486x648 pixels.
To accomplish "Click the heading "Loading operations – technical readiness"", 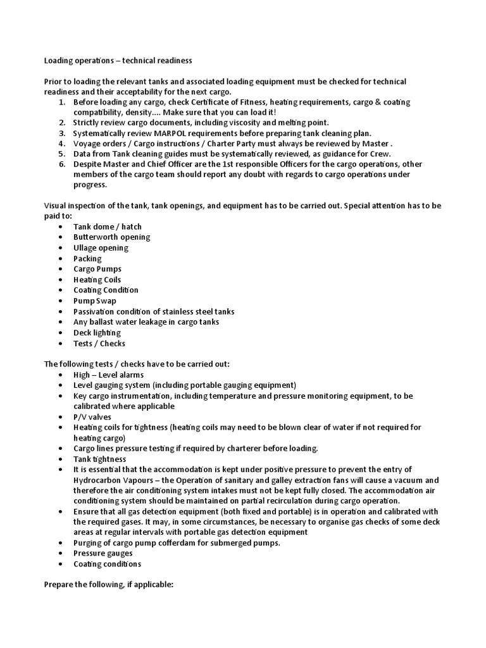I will tap(117, 61).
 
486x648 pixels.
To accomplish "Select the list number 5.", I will tap(61, 154).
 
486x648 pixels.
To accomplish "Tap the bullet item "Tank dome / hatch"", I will tap(107, 227).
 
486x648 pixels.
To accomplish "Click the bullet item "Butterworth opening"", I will tap(111, 237).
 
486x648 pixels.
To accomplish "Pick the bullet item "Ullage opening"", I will tap(101, 248).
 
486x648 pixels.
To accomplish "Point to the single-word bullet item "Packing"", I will tap(87, 258).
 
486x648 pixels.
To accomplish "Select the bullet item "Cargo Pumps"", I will tap(97, 269).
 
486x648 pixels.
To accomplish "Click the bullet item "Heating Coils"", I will tap(97, 280).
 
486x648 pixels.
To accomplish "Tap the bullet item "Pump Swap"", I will tap(95, 301).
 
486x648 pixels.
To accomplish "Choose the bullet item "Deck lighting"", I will tap(97, 333).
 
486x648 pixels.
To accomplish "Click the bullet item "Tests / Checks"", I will tap(99, 344).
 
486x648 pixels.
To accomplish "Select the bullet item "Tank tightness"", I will tap(99, 459).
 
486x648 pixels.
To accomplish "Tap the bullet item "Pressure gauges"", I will tap(103, 553).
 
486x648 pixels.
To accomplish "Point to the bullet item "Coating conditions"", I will tap(107, 564).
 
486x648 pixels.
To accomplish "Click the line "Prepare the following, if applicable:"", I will tap(108, 585).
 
